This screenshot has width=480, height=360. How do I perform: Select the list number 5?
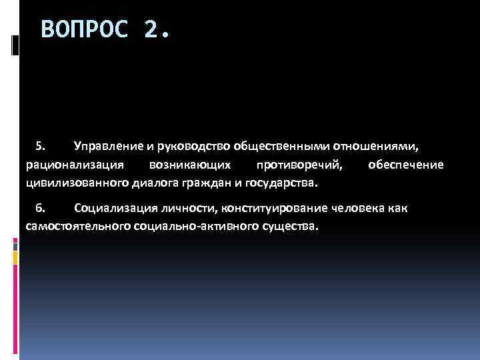[40, 145]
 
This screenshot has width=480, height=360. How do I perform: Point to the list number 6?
[40, 208]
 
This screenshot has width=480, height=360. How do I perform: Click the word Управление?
[107, 145]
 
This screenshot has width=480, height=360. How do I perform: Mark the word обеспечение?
[405, 164]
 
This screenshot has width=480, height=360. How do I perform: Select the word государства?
[283, 182]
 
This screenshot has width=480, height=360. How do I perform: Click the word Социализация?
[112, 208]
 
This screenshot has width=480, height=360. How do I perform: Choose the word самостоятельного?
[77, 227]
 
